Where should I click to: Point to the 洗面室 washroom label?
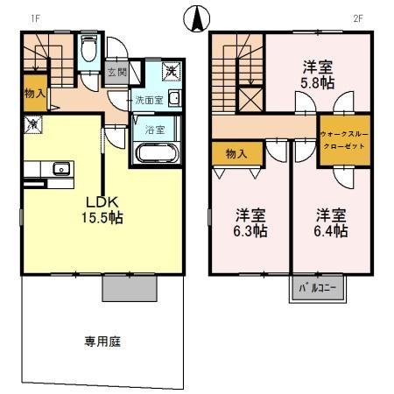147,100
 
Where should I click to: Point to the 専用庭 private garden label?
102,341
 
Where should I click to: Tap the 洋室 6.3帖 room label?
250,222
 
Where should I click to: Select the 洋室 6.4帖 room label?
331,222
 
